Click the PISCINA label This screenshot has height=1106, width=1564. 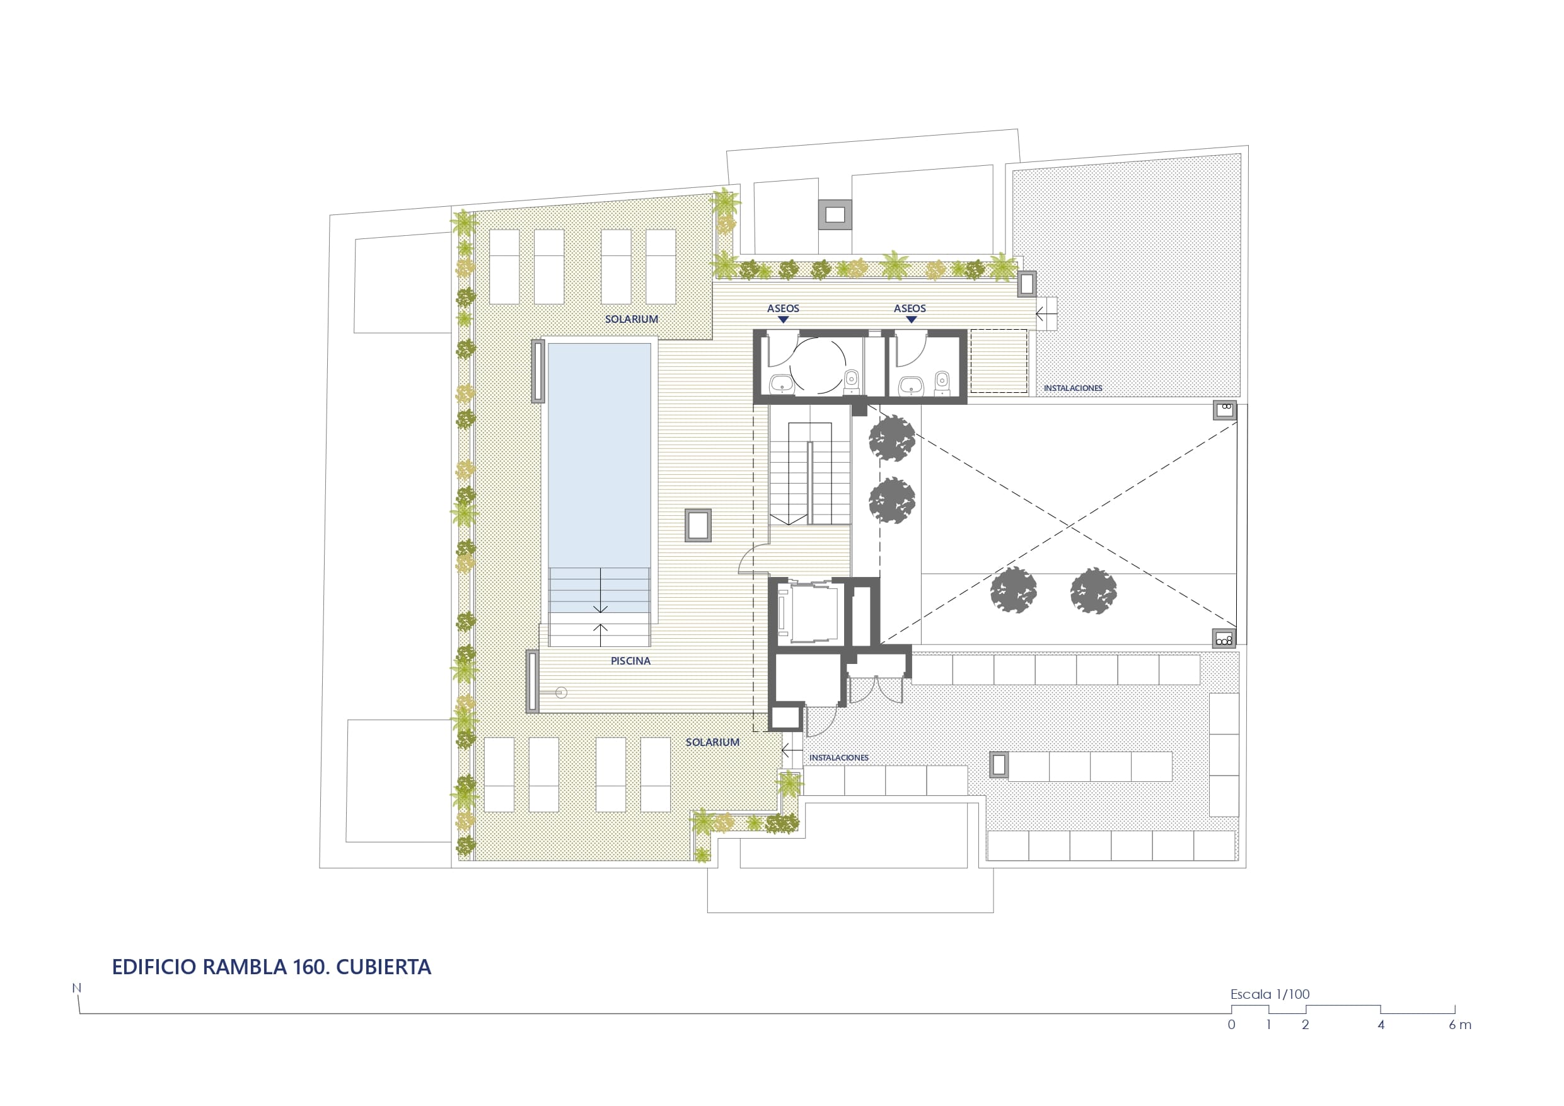pos(630,661)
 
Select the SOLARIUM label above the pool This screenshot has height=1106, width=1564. pos(632,319)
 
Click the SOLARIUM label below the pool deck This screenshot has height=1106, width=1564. pos(712,742)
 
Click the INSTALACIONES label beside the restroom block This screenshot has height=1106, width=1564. pos(1073,388)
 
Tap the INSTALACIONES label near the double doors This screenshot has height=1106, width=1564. pos(838,758)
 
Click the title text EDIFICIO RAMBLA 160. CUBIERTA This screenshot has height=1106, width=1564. pos(271,967)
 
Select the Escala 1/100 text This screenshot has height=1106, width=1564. pos(1270,994)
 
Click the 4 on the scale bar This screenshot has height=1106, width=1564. pos(1381,1025)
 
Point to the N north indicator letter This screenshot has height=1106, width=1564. pos(76,988)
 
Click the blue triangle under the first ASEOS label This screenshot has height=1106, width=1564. pos(783,320)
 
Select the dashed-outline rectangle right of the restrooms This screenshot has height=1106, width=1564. pos(999,361)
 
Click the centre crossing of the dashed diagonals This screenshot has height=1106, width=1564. pos(1070,526)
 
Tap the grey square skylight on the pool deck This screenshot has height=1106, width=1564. pos(698,525)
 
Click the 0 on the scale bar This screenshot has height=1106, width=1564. pos(1231,1025)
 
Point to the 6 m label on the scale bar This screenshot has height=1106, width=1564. pos(1460,1025)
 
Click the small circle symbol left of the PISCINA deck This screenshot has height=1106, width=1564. pos(561,693)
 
